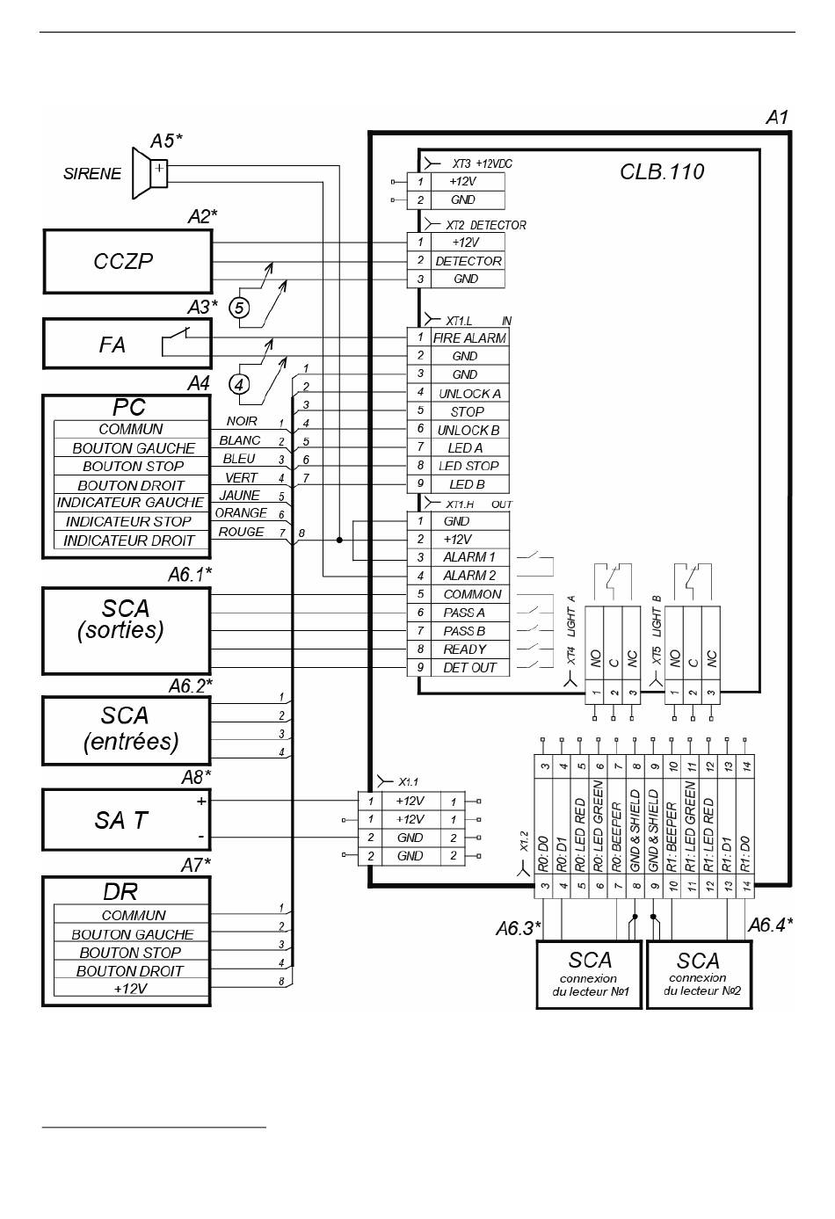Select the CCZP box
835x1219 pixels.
127,261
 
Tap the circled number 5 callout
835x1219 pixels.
239,308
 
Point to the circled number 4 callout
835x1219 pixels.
239,385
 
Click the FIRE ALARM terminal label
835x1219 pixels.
469,338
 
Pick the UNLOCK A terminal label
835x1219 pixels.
469,394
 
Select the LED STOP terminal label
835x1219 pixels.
468,466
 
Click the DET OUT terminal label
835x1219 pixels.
469,668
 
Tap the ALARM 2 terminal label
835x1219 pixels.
469,575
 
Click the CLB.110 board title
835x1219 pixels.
662,172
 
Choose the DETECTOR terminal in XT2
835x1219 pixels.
468,261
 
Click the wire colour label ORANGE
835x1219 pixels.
241,513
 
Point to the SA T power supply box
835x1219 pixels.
127,820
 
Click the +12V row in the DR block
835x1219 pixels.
131,988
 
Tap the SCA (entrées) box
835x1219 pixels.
127,731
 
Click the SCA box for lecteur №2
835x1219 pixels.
700,976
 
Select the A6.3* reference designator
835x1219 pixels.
518,928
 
